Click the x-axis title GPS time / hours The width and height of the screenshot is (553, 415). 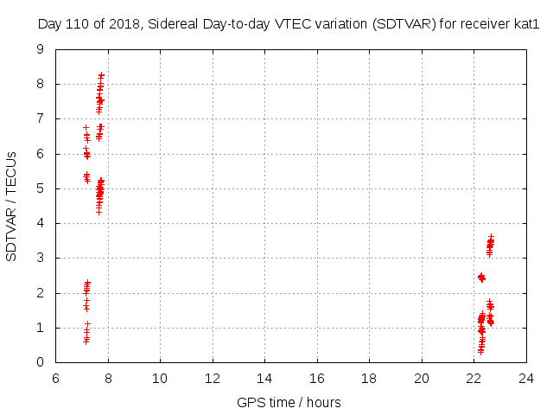pyautogui.click(x=289, y=402)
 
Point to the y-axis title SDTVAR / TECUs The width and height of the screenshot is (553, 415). pyautogui.click(x=11, y=206)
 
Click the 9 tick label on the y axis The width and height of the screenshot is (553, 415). pyautogui.click(x=40, y=49)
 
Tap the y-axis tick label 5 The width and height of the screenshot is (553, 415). pyautogui.click(x=40, y=188)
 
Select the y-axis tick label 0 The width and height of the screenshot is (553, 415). pyautogui.click(x=40, y=362)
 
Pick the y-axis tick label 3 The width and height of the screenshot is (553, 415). pyautogui.click(x=40, y=258)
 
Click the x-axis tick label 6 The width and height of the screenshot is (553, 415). pyautogui.click(x=55, y=378)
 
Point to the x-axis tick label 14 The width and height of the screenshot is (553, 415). pyautogui.click(x=264, y=378)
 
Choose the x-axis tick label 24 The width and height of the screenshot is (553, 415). pyautogui.click(x=526, y=378)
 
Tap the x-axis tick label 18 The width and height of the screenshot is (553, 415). pyautogui.click(x=369, y=378)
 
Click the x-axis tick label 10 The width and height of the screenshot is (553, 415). pyautogui.click(x=160, y=378)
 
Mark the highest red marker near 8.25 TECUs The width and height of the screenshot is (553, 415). pyautogui.click(x=101, y=75)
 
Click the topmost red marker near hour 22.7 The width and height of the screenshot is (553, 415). pyautogui.click(x=491, y=235)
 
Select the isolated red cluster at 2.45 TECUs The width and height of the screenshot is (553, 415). pyautogui.click(x=481, y=278)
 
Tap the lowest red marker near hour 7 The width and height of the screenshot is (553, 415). pyautogui.click(x=86, y=342)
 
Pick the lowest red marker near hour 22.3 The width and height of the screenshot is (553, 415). pyautogui.click(x=480, y=352)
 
